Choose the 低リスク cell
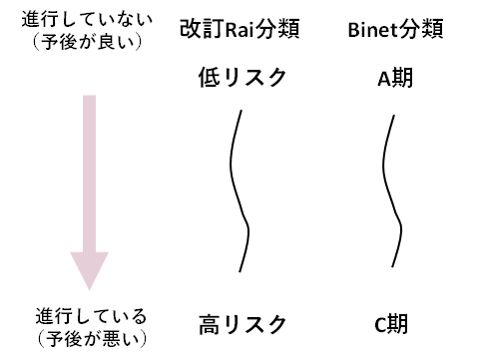coord(243,79)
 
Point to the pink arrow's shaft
coord(89,170)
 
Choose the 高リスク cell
coord(243,325)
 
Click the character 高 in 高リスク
coord(210,325)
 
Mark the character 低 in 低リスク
coord(210,79)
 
